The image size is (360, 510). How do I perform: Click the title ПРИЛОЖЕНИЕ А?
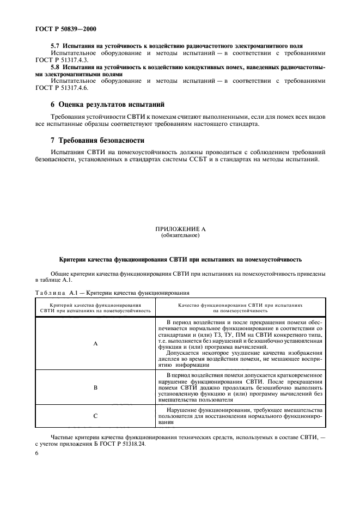click(180, 230)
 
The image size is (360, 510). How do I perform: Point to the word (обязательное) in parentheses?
click(180, 236)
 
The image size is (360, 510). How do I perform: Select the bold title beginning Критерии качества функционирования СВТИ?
click(180, 259)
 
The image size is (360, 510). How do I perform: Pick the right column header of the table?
click(240, 309)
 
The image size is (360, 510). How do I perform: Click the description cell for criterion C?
click(240, 416)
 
